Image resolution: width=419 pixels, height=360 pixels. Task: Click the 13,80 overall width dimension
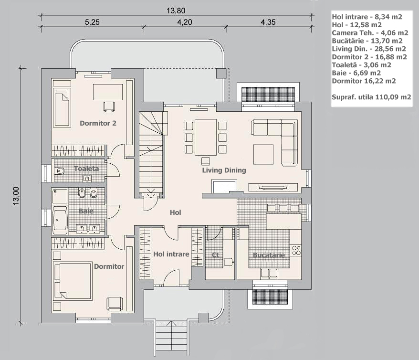tap(176, 11)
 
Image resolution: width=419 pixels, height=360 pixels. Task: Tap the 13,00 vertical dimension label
tap(16, 196)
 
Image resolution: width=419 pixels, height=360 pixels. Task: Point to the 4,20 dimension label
tap(184, 22)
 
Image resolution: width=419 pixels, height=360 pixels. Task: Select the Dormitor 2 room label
tap(98, 123)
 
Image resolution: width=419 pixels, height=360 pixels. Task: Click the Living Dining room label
tap(224, 170)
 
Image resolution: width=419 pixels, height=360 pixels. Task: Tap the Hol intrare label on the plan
tap(171, 254)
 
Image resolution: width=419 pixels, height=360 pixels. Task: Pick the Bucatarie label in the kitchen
tap(269, 255)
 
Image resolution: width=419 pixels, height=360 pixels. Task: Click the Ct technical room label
tap(215, 255)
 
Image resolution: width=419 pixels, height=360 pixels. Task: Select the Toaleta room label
tap(86, 169)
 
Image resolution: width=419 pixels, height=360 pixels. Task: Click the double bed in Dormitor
tap(73, 281)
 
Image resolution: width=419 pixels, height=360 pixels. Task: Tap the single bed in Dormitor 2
tap(62, 107)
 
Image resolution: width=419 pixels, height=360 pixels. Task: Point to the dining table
tap(206, 137)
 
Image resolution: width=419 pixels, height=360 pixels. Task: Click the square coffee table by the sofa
tap(263, 154)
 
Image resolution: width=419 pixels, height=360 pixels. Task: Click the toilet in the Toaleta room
tap(60, 171)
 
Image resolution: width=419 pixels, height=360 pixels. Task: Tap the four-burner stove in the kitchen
tap(296, 251)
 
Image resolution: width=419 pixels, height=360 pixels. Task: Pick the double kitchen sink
tap(269, 273)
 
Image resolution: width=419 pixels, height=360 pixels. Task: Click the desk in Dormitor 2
tap(108, 92)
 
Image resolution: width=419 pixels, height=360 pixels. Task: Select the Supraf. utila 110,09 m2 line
tap(371, 97)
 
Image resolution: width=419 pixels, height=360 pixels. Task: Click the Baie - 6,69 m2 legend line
tap(356, 73)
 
